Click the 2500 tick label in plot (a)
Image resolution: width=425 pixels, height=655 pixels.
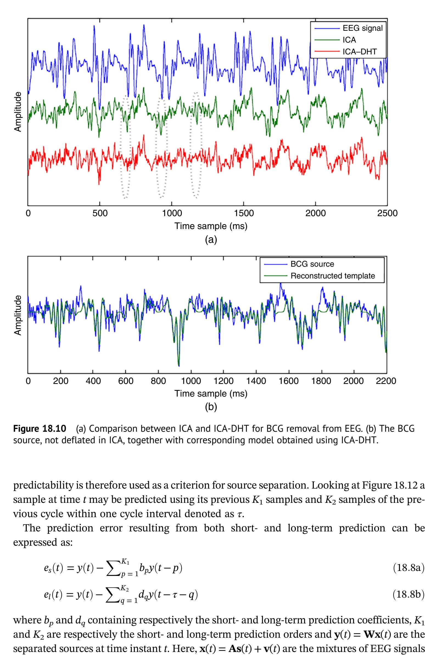coord(387,213)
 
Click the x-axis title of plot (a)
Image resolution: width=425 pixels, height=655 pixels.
coord(211,226)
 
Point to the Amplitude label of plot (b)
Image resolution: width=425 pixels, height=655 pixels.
coord(18,315)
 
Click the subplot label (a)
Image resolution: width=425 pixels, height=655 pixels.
coord(211,240)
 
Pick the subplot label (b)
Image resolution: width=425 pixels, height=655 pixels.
coord(211,407)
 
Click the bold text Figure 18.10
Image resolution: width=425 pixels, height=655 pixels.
coord(40,429)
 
